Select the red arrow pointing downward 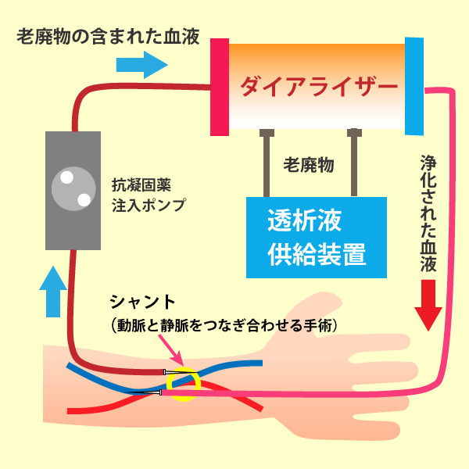(x=428, y=306)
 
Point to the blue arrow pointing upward (x=52, y=290)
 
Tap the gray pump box (x=73, y=191)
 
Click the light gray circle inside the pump (x=70, y=189)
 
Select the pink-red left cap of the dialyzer (x=220, y=86)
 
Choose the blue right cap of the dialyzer (x=414, y=84)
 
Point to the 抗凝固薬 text (x=141, y=186)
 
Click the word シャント (x=142, y=302)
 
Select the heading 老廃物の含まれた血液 (x=109, y=36)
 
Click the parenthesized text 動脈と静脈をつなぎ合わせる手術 (x=224, y=324)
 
